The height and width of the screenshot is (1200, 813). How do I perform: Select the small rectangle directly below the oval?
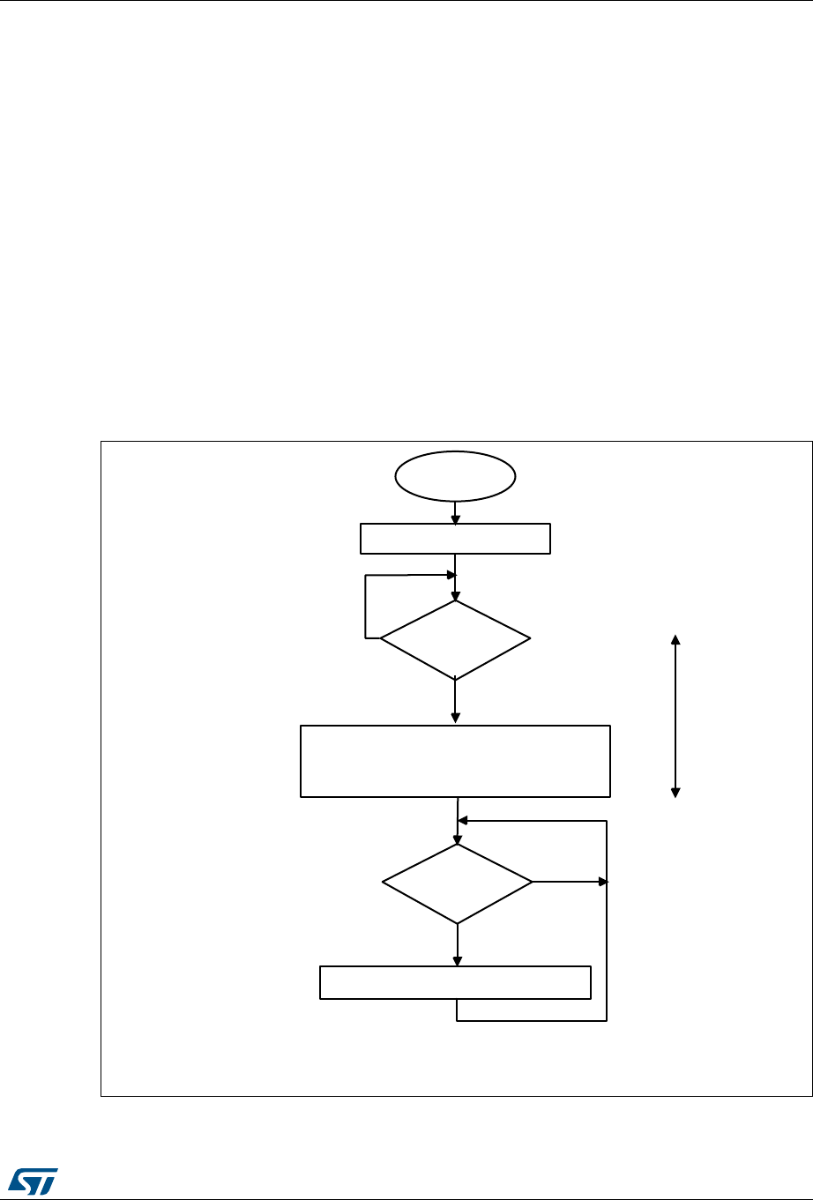[455, 539]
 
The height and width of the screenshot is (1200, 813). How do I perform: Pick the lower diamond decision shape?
[458, 883]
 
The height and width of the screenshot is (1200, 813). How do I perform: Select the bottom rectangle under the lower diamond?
[455, 982]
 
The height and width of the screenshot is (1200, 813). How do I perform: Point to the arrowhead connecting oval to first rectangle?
[455, 519]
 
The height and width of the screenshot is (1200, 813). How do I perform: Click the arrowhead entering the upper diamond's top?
[455, 596]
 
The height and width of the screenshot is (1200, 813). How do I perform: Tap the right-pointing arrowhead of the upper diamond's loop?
[450, 575]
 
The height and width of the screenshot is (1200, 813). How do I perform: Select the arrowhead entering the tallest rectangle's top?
[455, 719]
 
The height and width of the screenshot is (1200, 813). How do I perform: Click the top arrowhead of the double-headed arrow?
[676, 639]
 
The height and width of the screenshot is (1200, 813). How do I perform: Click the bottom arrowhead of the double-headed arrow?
[676, 792]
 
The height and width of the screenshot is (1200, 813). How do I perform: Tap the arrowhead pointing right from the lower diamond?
[602, 881]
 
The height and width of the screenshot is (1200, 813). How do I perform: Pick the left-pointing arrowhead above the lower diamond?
[463, 821]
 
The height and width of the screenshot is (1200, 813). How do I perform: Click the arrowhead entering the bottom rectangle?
[458, 961]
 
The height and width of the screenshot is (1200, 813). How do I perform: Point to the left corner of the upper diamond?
[381, 638]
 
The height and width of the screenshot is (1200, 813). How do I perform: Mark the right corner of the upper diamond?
[531, 638]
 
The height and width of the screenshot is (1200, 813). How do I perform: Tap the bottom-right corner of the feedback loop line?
[607, 1022]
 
